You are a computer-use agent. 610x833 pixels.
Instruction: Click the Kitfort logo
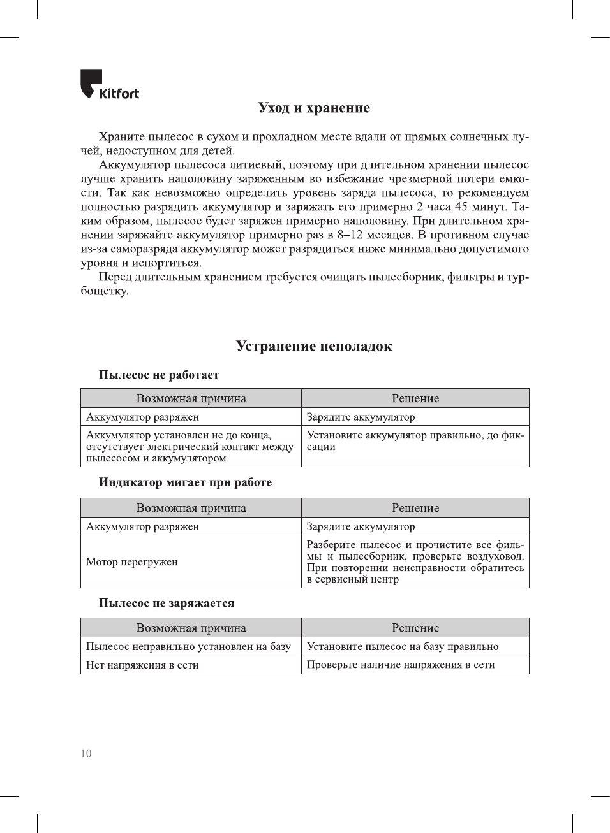(x=109, y=85)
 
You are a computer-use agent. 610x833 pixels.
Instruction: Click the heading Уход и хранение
(x=314, y=108)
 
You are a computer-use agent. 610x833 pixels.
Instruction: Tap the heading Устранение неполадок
(x=314, y=346)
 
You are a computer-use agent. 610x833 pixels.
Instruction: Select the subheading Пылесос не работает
(x=159, y=375)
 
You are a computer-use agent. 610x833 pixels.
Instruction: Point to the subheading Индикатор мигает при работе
(x=185, y=482)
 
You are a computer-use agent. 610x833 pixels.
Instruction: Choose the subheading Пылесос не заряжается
(x=167, y=603)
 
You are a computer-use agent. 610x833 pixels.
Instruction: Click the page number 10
(x=86, y=753)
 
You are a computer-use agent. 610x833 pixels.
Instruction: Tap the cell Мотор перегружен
(x=132, y=561)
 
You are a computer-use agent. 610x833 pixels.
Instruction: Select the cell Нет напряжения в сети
(x=142, y=665)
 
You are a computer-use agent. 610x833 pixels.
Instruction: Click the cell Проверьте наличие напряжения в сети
(x=401, y=665)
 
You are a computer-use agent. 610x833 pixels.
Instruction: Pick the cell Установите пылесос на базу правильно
(x=403, y=646)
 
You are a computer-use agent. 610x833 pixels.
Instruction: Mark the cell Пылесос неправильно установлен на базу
(x=188, y=646)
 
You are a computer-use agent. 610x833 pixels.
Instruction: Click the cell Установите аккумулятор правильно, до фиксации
(x=415, y=440)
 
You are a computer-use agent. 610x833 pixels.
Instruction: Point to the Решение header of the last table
(x=415, y=628)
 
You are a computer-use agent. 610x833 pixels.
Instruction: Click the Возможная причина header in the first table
(x=191, y=398)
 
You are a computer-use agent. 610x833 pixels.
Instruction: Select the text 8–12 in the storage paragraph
(x=350, y=235)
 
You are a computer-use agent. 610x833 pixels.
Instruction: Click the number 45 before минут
(x=461, y=207)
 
